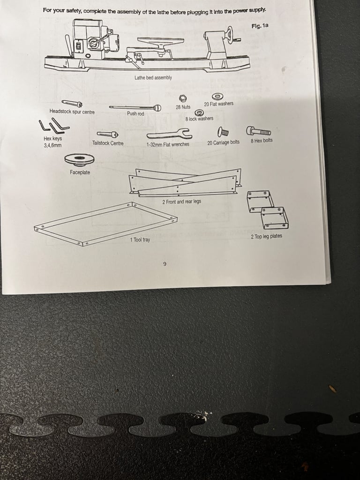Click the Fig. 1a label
point(260,26)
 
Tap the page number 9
point(165,264)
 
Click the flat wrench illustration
point(169,134)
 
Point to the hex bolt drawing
point(259,131)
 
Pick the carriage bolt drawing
point(223,132)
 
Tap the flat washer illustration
point(217,97)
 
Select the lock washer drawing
point(200,112)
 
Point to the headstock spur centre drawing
point(72,104)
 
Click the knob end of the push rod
point(157,107)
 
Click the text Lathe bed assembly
point(153,78)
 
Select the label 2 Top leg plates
point(266,236)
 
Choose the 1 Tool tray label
point(140,240)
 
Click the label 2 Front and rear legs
point(181,202)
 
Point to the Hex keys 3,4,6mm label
point(52,142)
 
